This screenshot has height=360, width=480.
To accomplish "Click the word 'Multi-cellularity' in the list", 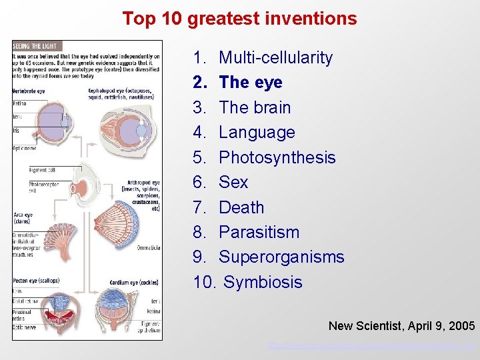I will click(275, 58).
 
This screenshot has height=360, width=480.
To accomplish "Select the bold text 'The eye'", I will click(250, 83).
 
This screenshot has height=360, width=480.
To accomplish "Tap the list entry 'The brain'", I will click(255, 107).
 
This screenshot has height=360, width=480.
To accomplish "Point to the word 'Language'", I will click(257, 133).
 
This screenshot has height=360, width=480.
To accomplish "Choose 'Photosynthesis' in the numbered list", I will click(277, 157).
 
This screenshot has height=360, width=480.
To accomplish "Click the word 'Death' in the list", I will click(241, 207).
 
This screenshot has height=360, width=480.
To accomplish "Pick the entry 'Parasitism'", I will click(259, 232).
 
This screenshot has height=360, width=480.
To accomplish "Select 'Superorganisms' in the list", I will click(281, 257).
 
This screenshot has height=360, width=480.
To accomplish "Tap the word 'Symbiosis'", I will click(263, 282).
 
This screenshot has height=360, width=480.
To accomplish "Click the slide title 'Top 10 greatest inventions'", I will click(239, 19).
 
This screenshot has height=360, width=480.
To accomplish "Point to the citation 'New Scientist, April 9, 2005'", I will click(401, 326).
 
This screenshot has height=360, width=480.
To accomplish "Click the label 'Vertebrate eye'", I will click(29, 91).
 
